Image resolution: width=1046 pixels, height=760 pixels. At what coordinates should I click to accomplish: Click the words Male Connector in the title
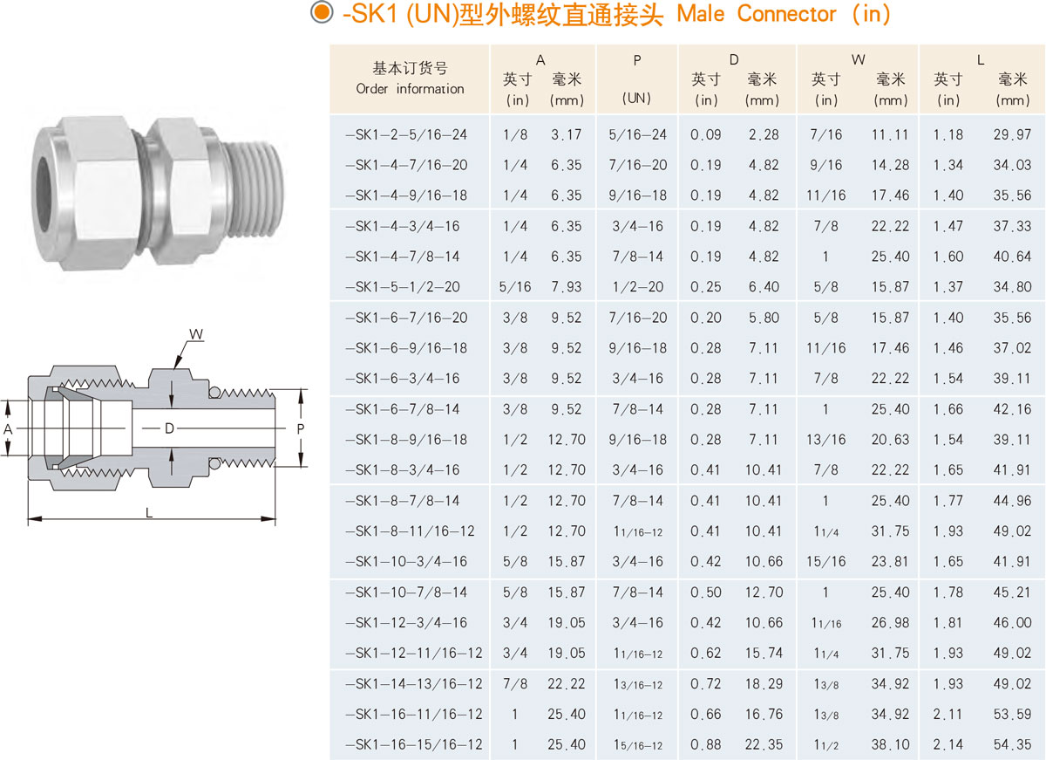click(x=757, y=14)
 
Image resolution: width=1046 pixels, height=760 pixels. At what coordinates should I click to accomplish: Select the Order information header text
click(x=410, y=88)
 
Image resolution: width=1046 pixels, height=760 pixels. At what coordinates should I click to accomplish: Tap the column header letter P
click(x=637, y=60)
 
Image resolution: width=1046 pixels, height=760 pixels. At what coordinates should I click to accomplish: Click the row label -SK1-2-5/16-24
click(x=406, y=134)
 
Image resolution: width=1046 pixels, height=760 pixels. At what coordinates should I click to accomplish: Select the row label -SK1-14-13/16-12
click(x=414, y=684)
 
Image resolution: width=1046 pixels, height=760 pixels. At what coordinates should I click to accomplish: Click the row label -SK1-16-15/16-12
click(x=414, y=744)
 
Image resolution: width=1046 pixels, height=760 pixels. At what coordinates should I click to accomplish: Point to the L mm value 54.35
click(x=1012, y=744)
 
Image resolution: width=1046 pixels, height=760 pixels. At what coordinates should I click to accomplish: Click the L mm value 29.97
click(x=1012, y=134)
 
